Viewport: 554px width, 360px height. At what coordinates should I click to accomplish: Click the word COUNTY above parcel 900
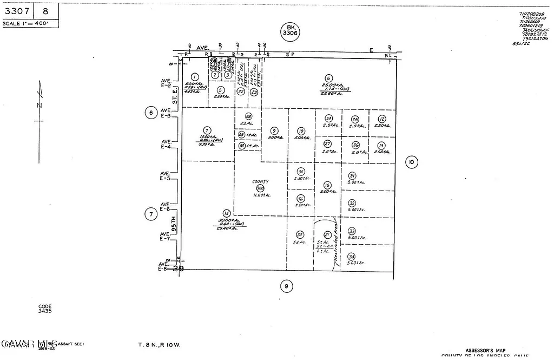(260, 182)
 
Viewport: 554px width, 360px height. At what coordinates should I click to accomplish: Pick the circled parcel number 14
(226, 213)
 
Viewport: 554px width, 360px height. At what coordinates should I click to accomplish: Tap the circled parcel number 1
(195, 77)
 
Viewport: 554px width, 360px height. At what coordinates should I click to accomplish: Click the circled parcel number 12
(382, 119)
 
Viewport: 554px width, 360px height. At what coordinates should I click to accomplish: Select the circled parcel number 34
(351, 257)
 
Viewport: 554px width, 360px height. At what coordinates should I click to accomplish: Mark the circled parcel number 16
(327, 185)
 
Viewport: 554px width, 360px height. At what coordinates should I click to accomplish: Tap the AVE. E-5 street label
(164, 175)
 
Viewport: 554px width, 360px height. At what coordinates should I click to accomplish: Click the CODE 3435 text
(44, 309)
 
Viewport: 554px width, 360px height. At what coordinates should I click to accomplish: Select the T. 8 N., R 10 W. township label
(159, 345)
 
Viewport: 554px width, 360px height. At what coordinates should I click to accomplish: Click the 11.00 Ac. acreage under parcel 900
(261, 195)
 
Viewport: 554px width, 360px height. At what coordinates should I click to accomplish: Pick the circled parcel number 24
(328, 119)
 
